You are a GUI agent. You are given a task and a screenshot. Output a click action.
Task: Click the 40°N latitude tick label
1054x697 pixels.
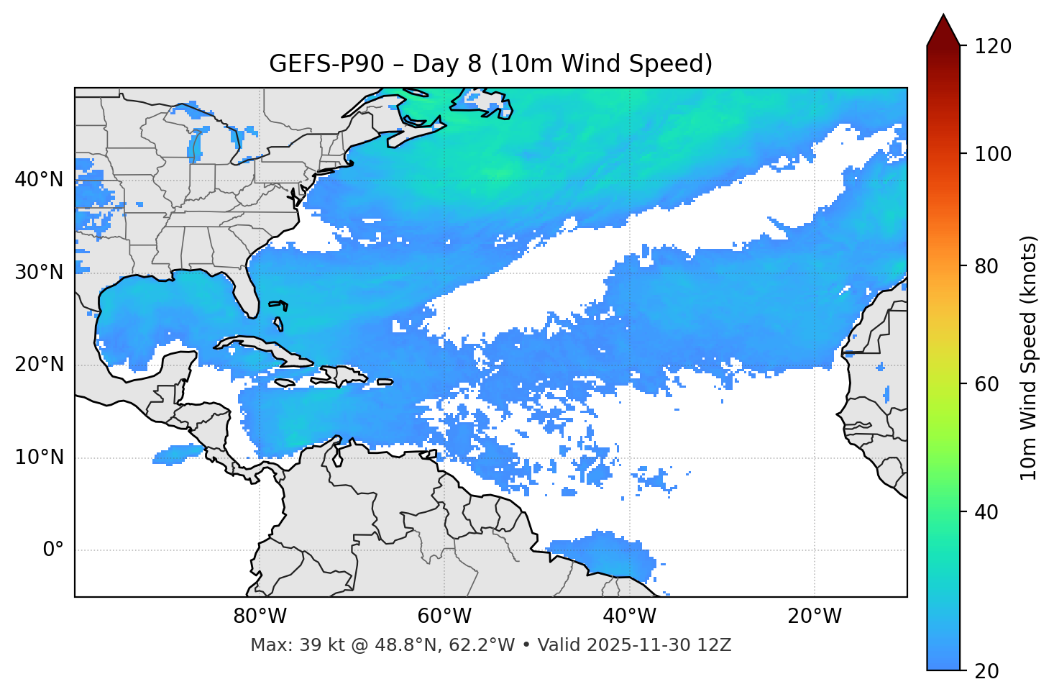point(39,180)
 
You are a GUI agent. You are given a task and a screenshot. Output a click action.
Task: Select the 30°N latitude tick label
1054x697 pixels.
point(39,273)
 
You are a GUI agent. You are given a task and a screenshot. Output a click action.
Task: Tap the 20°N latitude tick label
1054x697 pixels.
point(39,365)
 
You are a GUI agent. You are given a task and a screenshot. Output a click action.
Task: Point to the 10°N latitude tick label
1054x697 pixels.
point(39,457)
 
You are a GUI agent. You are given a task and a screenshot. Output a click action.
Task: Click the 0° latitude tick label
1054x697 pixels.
point(53,550)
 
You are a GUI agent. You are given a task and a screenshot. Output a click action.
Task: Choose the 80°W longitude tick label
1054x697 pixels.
point(260,616)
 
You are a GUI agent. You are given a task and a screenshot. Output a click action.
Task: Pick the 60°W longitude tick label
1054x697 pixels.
point(444,616)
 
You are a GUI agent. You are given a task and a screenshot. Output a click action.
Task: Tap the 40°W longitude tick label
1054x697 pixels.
point(630,616)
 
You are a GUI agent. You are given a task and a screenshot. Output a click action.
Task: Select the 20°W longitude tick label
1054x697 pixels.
point(815,616)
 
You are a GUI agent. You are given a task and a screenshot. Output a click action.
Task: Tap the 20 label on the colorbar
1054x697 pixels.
point(986,671)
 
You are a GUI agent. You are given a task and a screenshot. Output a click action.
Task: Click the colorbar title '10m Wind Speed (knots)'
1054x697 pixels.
point(1029,357)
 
